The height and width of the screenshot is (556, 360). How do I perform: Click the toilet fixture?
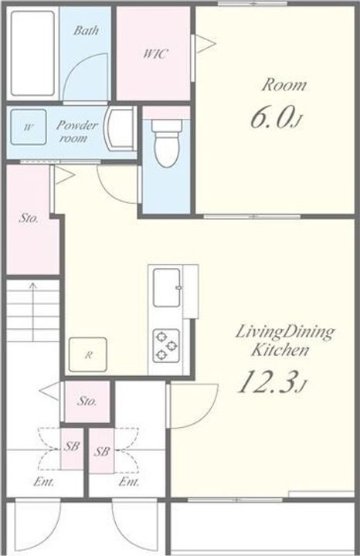click(x=166, y=144)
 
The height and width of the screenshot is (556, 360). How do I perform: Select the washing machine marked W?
click(x=29, y=127)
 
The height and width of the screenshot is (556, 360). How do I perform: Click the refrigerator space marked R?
click(x=88, y=354)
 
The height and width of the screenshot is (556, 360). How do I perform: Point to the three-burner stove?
click(x=166, y=346)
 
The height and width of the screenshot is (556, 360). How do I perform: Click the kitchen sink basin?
click(x=167, y=287)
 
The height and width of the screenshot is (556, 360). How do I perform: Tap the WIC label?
click(x=155, y=54)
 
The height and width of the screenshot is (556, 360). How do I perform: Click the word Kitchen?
click(x=280, y=350)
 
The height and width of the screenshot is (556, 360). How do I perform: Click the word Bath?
click(x=86, y=30)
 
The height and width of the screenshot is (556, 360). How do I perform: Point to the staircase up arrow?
click(x=33, y=311)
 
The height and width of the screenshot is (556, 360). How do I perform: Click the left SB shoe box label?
click(x=71, y=446)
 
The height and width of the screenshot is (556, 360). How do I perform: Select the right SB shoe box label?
click(x=102, y=452)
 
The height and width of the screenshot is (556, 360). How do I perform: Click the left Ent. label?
click(x=44, y=482)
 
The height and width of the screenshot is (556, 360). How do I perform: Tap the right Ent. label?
click(x=129, y=482)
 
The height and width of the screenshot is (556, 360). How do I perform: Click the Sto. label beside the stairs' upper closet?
click(x=29, y=218)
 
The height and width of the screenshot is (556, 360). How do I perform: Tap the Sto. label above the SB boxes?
click(x=87, y=401)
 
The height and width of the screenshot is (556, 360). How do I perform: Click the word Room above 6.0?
click(x=284, y=85)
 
